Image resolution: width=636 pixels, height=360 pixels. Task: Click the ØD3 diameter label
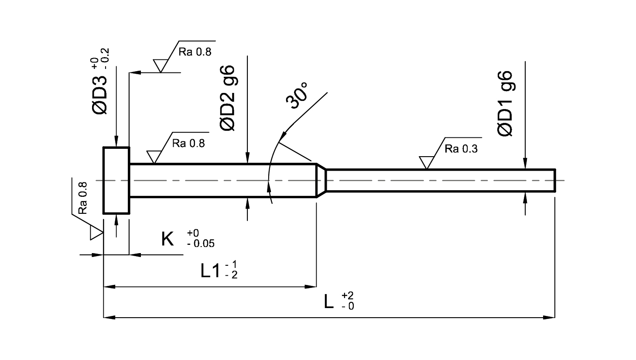tap(99, 96)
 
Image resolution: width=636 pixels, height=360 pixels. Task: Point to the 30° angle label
tap(297, 96)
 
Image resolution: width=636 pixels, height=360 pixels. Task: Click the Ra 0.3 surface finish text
tap(461, 149)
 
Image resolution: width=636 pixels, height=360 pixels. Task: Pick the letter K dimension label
tap(167, 239)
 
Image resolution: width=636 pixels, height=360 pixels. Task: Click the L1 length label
tap(210, 271)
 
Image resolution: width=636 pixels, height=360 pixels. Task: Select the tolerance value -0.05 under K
tap(201, 244)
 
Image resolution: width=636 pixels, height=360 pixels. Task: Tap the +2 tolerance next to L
tap(348, 295)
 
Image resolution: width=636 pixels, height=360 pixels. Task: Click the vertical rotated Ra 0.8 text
tap(82, 198)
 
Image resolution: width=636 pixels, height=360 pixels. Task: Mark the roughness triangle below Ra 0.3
tap(427, 162)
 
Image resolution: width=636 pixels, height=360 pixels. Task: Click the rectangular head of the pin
tap(116, 180)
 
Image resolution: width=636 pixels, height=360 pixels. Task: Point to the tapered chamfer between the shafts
tap(321, 180)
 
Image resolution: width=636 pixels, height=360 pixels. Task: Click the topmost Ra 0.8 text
tap(195, 52)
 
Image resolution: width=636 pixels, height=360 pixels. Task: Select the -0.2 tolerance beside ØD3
tap(105, 59)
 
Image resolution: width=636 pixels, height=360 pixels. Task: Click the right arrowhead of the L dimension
tap(549, 317)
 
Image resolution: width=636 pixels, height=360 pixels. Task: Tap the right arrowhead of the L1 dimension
tap(311, 286)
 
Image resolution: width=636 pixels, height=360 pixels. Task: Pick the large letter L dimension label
tap(328, 302)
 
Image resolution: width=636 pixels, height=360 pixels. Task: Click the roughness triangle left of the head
tap(96, 233)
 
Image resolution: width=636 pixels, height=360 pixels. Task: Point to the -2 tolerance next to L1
tap(231, 275)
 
